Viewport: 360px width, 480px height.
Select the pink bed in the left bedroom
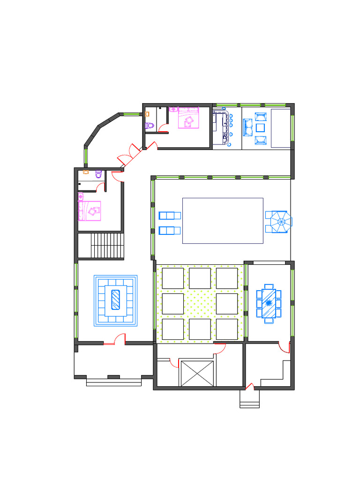[90, 210]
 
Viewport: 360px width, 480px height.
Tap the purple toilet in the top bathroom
[150, 125]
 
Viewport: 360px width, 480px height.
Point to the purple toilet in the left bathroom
[98, 174]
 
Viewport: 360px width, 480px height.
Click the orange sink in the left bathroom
[85, 172]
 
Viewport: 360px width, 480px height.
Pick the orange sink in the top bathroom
[148, 113]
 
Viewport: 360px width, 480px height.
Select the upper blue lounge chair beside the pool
[170, 216]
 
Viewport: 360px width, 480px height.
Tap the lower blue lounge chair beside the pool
[170, 230]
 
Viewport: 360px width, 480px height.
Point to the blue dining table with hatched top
[269, 303]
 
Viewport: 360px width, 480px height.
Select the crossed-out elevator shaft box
[197, 373]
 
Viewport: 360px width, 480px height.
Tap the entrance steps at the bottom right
[249, 399]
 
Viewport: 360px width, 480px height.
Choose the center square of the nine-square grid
[200, 304]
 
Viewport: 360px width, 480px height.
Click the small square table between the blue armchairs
[260, 127]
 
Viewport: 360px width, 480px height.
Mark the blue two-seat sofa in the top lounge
[247, 127]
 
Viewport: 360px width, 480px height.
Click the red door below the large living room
[119, 339]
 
